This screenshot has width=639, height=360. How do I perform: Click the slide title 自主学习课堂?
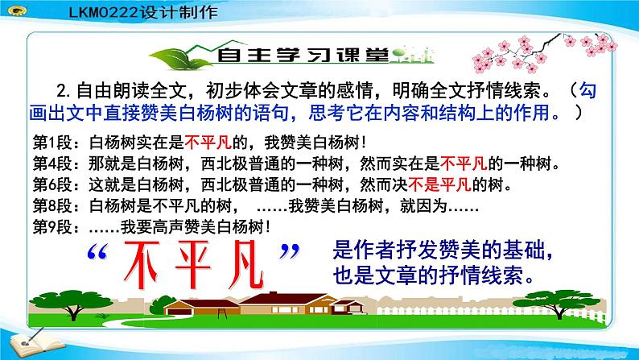287,56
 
